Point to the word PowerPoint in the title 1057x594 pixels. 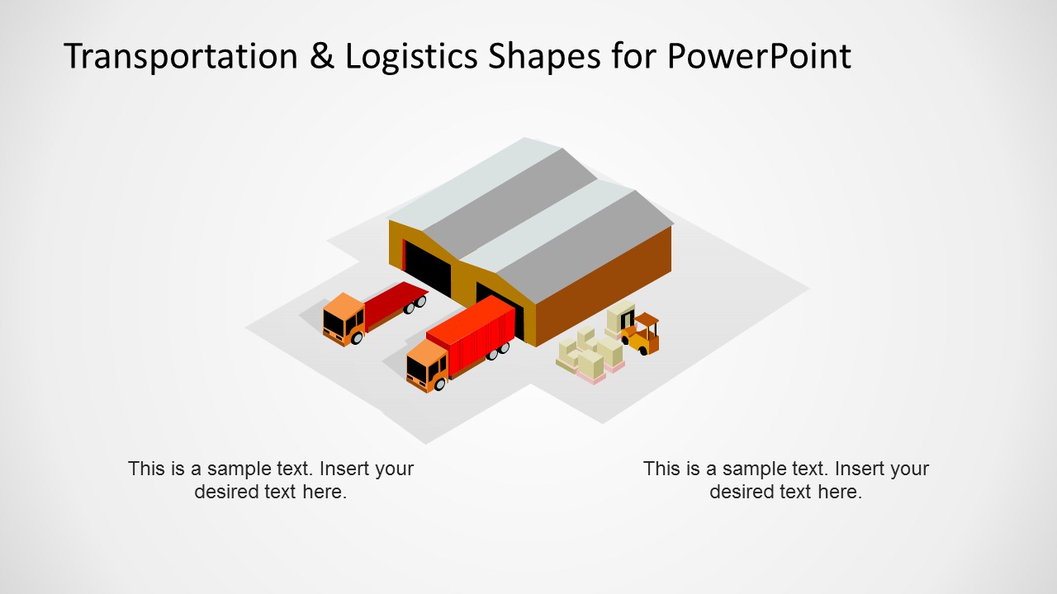(x=758, y=56)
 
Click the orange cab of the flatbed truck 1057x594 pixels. (x=342, y=317)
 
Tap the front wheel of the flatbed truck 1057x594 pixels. (x=357, y=338)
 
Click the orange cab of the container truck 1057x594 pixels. (x=426, y=364)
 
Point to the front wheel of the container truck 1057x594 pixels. (x=439, y=384)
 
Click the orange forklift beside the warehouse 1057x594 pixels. (x=645, y=335)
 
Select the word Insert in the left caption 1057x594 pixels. (x=345, y=469)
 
